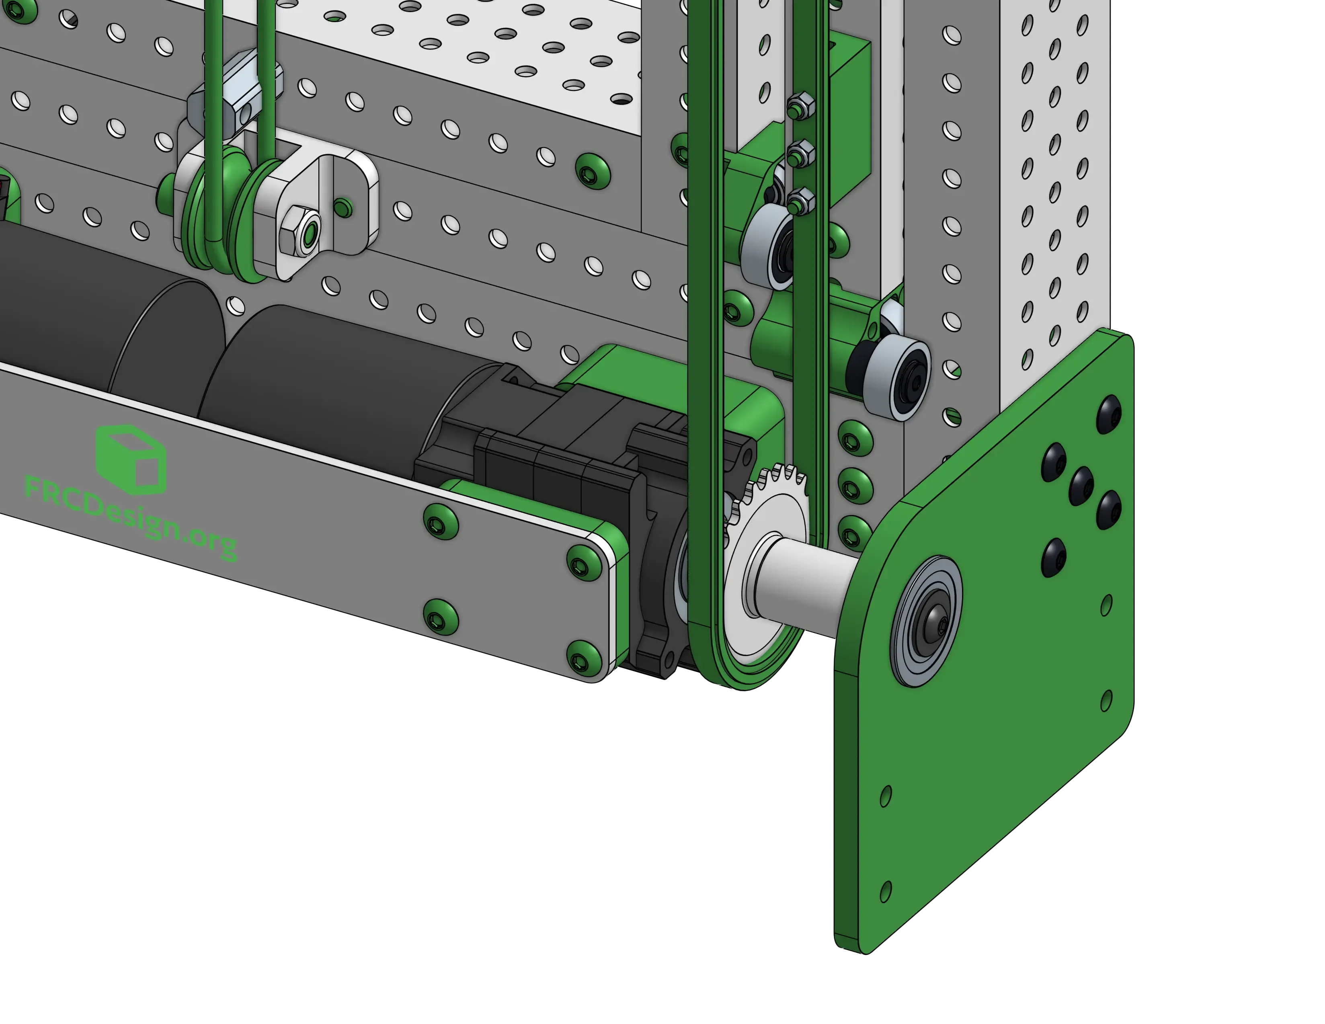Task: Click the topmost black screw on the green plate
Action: coord(1110,415)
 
